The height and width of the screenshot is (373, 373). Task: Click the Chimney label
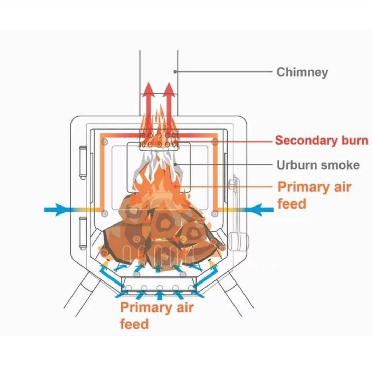click(x=302, y=72)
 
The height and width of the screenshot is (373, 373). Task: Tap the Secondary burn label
click(x=322, y=141)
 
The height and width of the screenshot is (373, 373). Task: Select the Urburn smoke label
click(x=318, y=165)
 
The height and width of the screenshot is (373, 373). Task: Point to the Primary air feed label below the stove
click(x=157, y=315)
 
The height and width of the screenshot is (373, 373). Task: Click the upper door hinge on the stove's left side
click(x=83, y=162)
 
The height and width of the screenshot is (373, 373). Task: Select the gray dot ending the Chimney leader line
click(x=175, y=72)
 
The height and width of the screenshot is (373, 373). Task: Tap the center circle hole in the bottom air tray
click(x=160, y=288)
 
